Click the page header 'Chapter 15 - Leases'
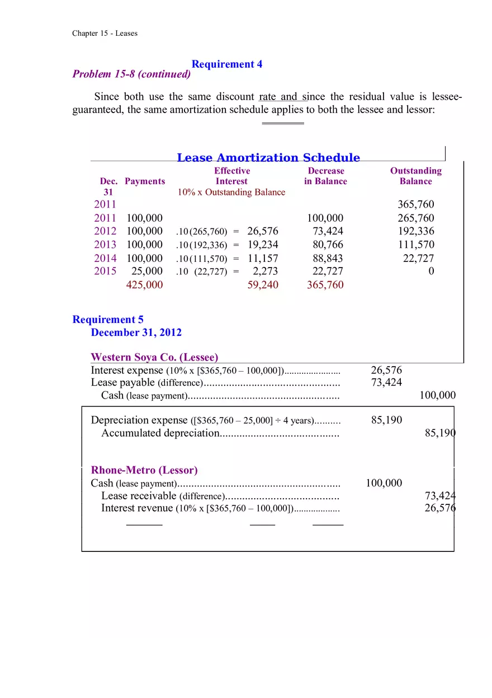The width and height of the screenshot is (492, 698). point(105,33)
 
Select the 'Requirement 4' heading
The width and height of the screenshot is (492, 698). point(226,64)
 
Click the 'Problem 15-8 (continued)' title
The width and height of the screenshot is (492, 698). point(131,74)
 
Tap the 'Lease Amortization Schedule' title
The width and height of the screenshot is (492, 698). point(268,158)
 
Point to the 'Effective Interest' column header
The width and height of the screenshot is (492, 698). point(231,176)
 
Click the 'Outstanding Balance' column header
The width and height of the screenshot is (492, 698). point(415,176)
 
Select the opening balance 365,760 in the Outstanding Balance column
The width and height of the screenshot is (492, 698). point(415,205)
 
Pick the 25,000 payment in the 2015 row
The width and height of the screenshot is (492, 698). point(147,271)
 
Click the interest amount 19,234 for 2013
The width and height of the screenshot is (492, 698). point(262,245)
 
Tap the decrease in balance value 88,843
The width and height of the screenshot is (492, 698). point(328,258)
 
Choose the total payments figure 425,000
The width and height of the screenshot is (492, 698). point(144,285)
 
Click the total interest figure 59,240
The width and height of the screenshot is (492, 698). point(262,285)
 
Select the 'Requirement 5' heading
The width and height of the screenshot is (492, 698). point(108,320)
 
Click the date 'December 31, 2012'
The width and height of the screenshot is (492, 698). point(136,332)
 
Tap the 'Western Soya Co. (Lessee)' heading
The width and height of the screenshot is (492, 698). point(154,357)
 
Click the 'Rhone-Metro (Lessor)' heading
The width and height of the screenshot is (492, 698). point(144,470)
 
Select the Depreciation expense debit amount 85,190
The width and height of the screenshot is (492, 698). point(386,420)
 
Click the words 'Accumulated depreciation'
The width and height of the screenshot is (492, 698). point(160,433)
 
